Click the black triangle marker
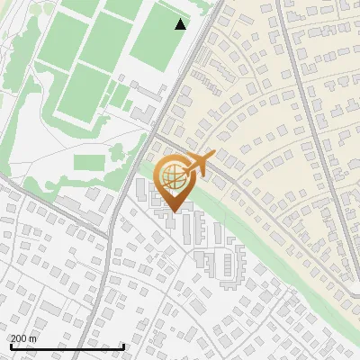pyautogui.click(x=181, y=24)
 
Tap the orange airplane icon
pyautogui.click(x=200, y=163)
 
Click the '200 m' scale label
pyautogui.click(x=23, y=338)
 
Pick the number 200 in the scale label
pyautogui.click(x=18, y=338)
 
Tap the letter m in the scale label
pyautogui.click(x=33, y=338)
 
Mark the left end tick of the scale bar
pyautogui.click(x=10, y=346)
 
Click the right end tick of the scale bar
pyautogui.click(x=123, y=346)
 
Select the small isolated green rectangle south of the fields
pyautogui.click(x=89, y=162)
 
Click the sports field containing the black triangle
pyautogui.click(x=160, y=36)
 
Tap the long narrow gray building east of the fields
pyautogui.click(x=149, y=94)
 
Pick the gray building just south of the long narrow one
pyautogui.click(x=144, y=113)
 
